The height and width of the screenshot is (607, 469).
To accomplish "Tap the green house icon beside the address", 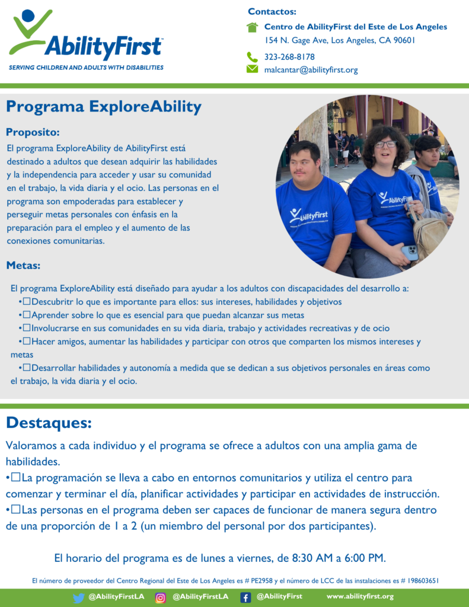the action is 252,27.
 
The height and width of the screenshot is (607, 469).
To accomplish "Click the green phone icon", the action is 252,57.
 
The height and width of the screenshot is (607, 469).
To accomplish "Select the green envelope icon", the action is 252,69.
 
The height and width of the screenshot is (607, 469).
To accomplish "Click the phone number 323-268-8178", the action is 289,57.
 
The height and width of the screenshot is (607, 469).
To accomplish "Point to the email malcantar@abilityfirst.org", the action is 311,70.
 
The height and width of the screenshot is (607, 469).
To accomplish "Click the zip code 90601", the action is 404,40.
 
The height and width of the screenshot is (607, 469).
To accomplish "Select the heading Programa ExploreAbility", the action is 104,107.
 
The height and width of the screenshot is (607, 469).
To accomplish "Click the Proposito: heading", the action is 33,132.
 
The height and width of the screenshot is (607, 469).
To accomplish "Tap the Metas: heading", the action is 23,266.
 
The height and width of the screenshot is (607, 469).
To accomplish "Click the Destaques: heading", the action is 49,423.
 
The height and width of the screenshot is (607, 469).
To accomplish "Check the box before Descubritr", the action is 27,301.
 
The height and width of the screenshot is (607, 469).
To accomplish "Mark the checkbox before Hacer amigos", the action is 27,341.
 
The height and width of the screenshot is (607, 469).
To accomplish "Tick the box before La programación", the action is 16,477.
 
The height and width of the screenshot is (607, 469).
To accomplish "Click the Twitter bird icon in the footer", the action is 79,598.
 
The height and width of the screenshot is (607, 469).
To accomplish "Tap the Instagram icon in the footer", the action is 160,598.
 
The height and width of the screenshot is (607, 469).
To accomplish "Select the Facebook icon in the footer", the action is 245,598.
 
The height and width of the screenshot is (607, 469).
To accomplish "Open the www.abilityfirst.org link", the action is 360,596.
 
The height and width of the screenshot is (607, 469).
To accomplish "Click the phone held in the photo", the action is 410,253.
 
